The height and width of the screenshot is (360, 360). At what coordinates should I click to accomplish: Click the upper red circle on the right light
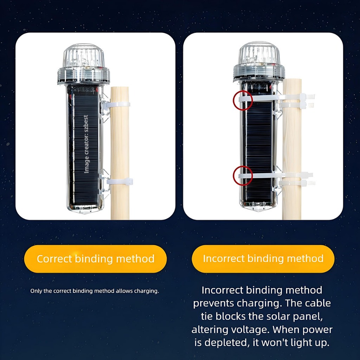click(233, 100)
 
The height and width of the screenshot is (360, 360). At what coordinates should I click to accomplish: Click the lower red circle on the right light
click(233, 176)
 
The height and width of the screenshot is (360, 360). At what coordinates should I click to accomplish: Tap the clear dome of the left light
click(84, 56)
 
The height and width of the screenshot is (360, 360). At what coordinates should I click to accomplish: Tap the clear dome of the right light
click(259, 53)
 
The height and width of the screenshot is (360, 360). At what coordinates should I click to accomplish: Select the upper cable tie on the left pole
click(117, 105)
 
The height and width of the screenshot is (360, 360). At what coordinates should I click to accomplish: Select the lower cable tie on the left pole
click(120, 182)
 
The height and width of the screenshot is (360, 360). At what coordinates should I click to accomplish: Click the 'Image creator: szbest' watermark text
click(86, 144)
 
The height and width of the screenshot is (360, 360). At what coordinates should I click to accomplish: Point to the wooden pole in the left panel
click(120, 153)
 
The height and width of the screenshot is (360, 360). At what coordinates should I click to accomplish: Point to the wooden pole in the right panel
click(292, 149)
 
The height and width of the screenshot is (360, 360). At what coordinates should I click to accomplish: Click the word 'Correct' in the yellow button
click(54, 259)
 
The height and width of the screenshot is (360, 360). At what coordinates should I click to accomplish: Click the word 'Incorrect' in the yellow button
click(224, 258)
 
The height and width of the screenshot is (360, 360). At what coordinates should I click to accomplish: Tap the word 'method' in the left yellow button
click(135, 259)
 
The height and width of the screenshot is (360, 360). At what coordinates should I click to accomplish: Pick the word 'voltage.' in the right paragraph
click(247, 330)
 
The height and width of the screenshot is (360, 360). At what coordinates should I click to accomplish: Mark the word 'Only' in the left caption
click(36, 291)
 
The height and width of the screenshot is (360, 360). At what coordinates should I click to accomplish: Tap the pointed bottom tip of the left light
click(84, 213)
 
